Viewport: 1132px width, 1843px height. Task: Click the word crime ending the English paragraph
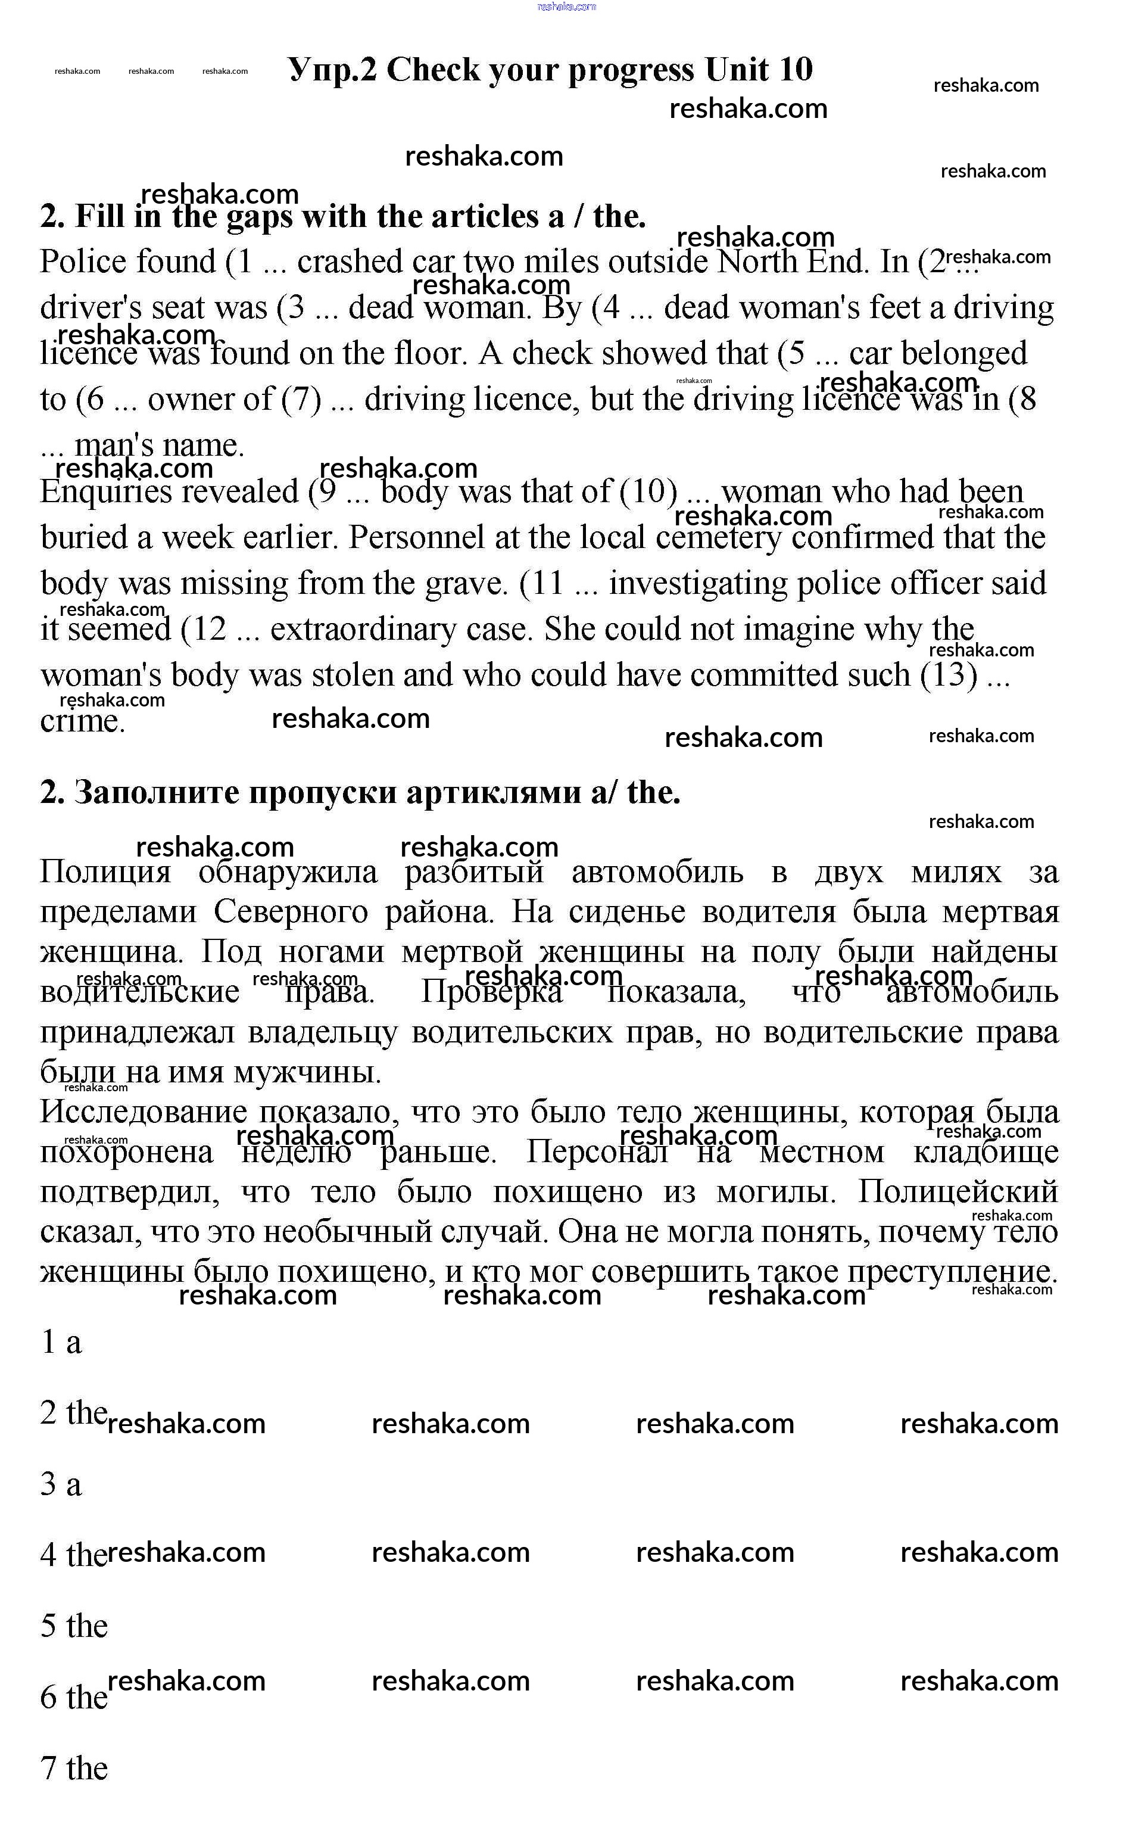click(82, 721)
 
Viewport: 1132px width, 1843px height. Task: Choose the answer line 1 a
click(61, 1342)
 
